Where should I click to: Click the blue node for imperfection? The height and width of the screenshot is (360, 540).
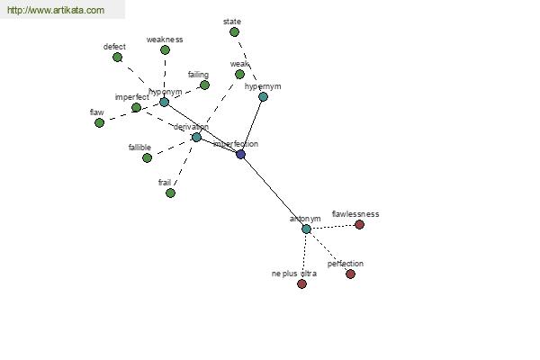240,154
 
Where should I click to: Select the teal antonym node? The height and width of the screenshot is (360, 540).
306,229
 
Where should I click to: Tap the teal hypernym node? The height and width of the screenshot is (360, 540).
263,96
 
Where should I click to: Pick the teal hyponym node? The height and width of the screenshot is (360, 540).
164,102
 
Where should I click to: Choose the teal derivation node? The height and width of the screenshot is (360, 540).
196,137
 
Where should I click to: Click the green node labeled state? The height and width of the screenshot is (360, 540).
234,31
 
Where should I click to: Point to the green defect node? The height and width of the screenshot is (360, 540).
117,57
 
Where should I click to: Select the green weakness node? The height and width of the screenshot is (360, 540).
165,49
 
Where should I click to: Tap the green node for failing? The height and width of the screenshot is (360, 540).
204,85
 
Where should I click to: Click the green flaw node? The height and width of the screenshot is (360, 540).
99,122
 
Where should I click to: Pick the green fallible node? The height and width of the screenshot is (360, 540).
147,157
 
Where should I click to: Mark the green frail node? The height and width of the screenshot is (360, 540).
170,193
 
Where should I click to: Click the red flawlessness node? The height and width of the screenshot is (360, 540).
359,224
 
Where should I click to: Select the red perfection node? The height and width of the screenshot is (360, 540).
350,274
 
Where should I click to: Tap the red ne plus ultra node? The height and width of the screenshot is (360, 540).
301,283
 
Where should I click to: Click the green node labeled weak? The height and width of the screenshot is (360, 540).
239,74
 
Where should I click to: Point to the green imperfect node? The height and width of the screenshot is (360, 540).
136,107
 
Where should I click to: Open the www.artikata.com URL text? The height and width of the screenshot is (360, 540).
56,11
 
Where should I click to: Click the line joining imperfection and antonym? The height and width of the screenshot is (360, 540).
274,192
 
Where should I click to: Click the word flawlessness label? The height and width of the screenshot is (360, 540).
355,214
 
